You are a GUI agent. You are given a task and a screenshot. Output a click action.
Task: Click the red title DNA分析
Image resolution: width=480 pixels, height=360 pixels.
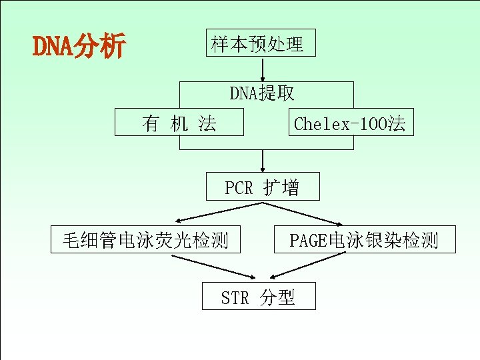(79, 47)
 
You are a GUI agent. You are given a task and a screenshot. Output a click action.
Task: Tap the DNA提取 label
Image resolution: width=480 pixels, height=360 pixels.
(262, 93)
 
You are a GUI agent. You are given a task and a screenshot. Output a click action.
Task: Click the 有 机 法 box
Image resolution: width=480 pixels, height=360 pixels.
(179, 122)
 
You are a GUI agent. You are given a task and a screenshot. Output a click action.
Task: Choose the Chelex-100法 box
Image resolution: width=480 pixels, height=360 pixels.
(351, 123)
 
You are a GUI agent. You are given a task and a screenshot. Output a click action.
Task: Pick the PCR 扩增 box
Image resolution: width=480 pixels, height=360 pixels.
(263, 187)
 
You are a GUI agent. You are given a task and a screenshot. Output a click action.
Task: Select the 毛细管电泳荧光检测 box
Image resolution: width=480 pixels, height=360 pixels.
(146, 239)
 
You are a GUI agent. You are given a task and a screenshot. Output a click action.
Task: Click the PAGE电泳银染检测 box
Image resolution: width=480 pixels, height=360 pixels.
(365, 239)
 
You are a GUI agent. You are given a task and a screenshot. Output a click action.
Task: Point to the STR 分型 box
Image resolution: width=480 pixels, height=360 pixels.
(259, 296)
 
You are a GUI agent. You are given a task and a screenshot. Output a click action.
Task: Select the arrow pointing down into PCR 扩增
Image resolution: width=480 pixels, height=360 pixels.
(263, 160)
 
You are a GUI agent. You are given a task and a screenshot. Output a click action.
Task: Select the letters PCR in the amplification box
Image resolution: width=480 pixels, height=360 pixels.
(239, 188)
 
